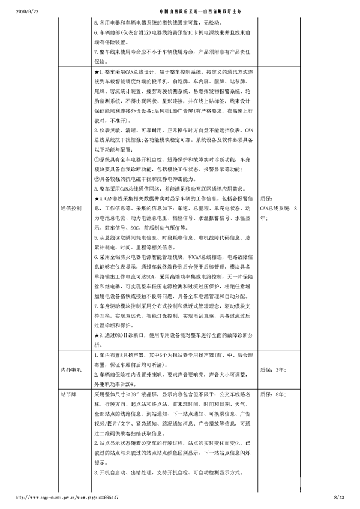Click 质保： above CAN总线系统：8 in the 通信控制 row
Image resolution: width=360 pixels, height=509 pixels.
[267, 199]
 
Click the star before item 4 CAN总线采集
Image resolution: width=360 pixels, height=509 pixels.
[97, 198]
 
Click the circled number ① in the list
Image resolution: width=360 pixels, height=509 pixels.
[97, 160]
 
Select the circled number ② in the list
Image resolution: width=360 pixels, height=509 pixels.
[97, 179]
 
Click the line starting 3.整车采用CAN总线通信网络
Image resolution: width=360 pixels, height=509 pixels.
[162, 189]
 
